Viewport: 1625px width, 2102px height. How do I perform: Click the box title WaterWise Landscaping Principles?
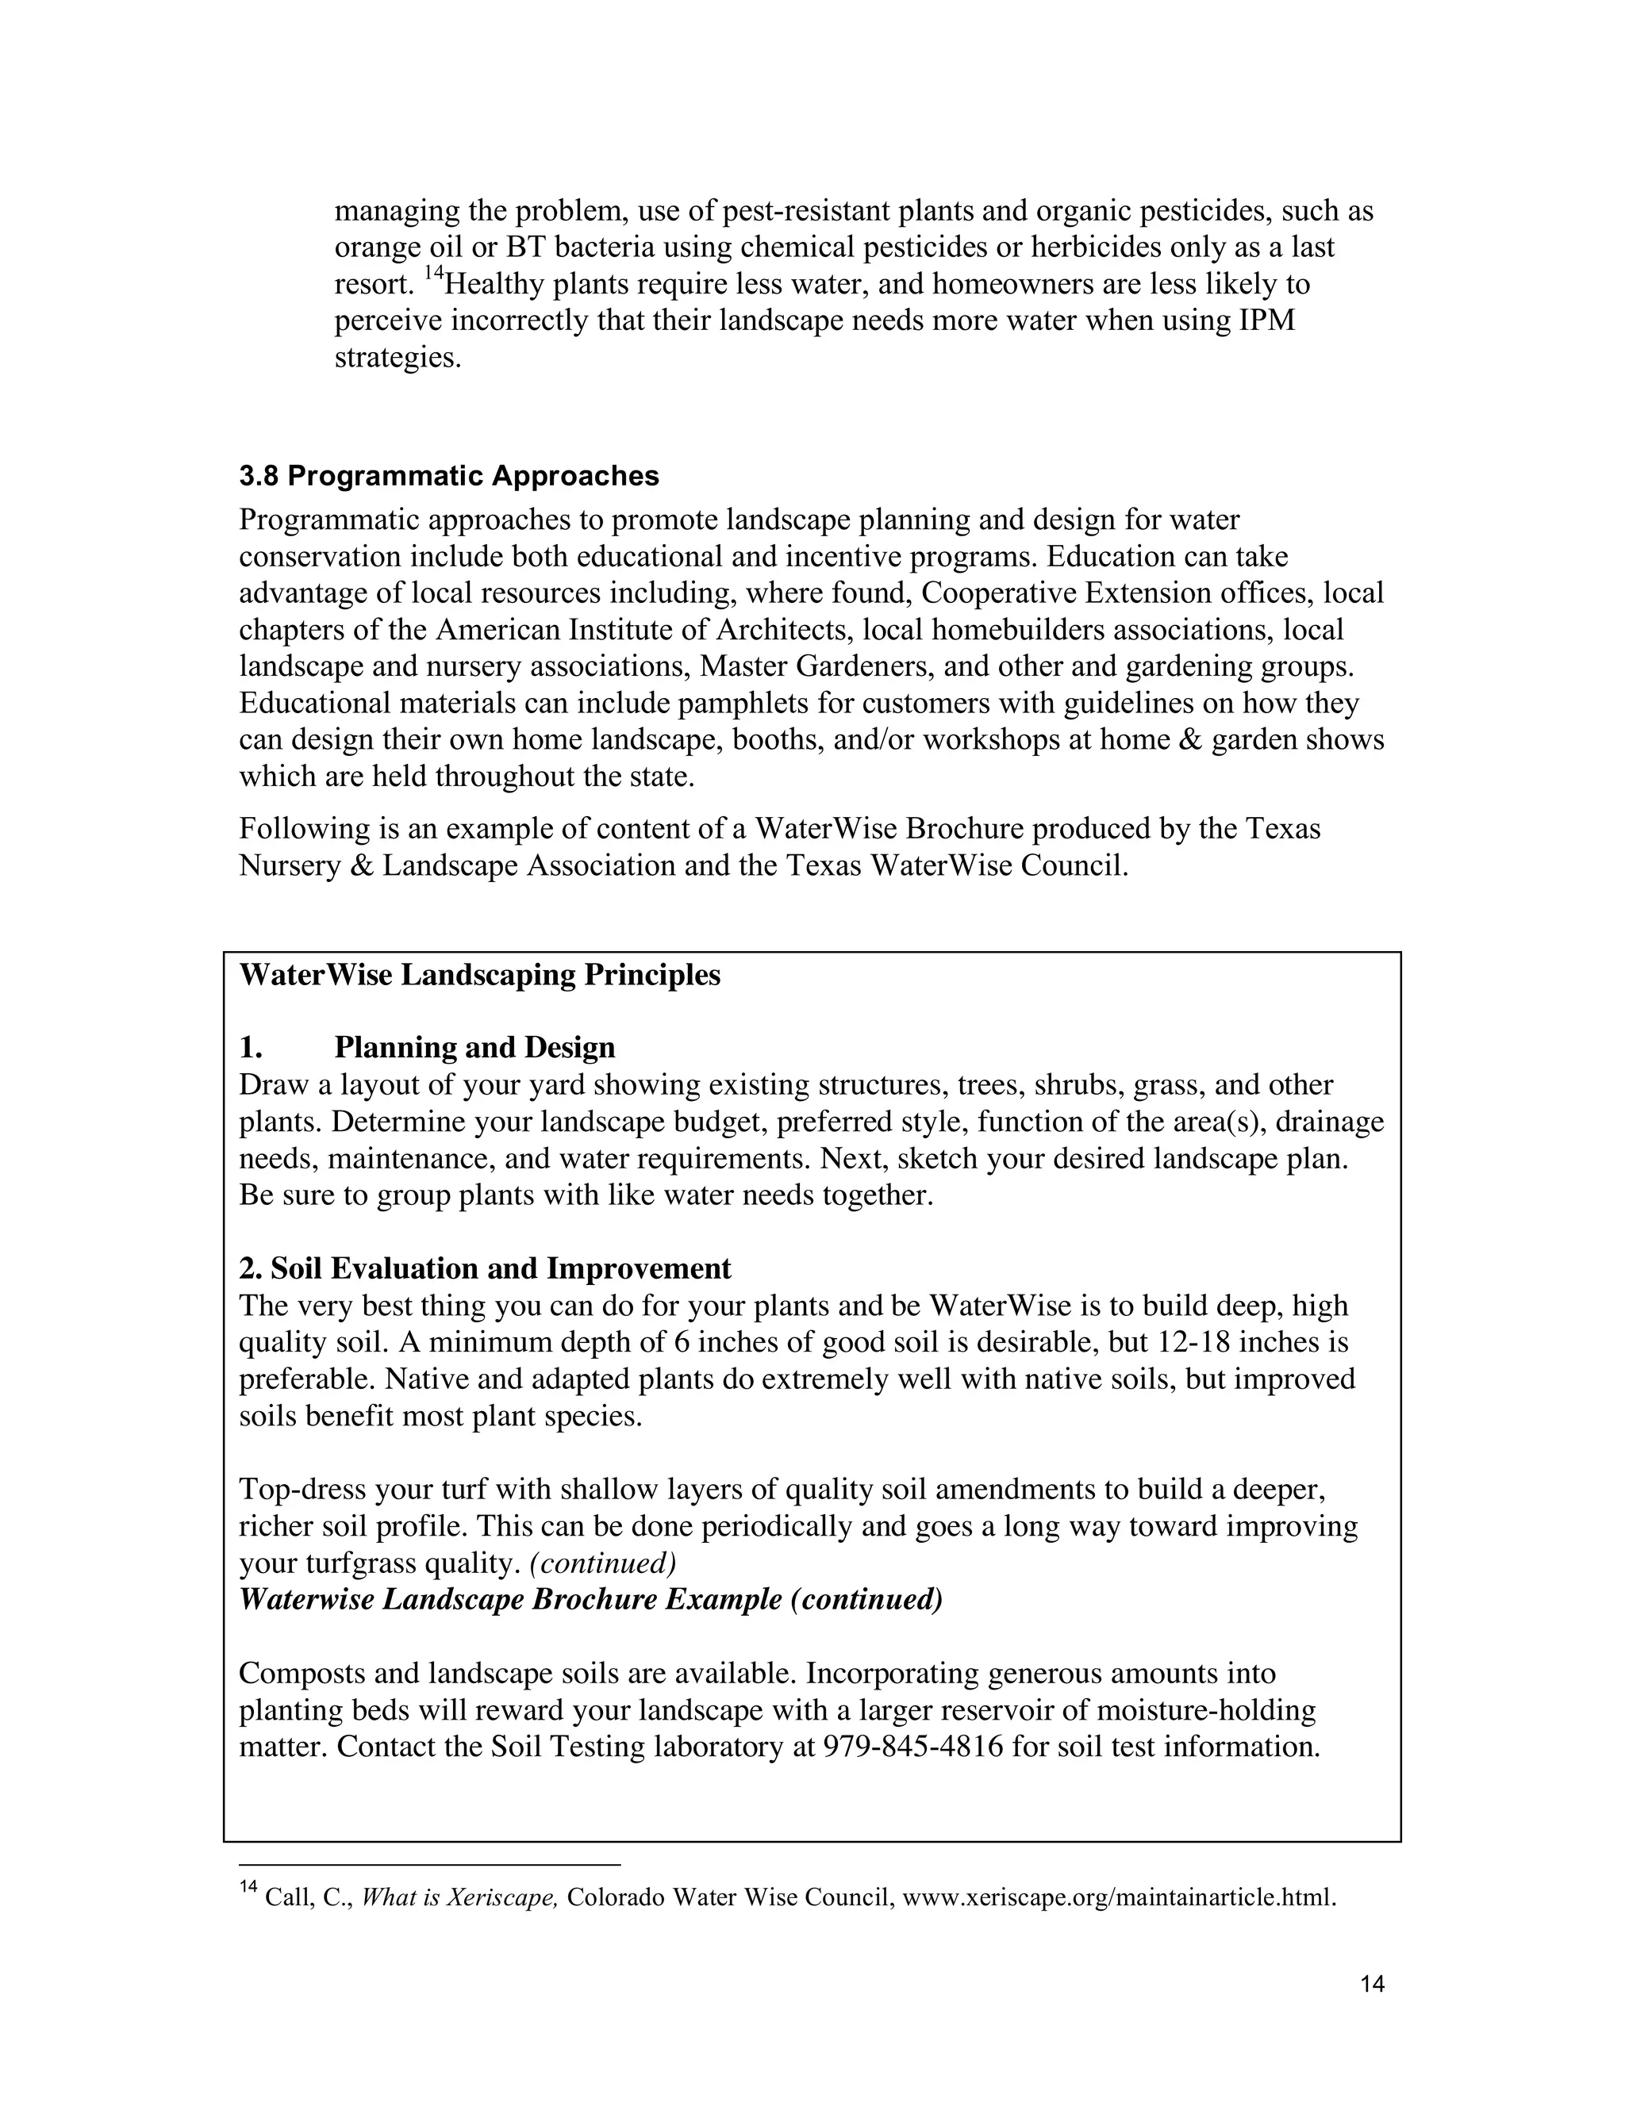[479, 975]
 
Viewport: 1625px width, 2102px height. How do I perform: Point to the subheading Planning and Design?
[474, 1047]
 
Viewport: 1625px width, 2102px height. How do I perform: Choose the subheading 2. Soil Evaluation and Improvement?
[484, 1268]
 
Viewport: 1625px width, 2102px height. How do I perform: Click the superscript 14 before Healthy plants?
[433, 275]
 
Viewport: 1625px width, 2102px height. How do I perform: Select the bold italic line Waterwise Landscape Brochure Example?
[590, 1600]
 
